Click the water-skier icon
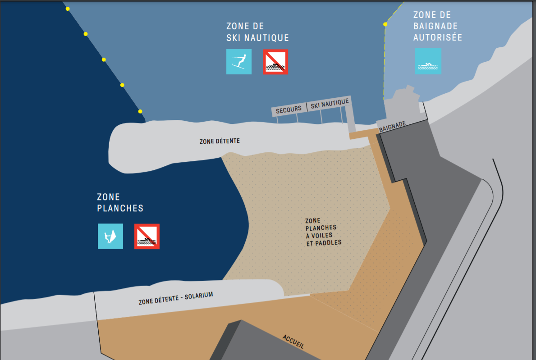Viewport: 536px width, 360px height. [239, 62]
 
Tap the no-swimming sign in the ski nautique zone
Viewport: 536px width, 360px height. [275, 62]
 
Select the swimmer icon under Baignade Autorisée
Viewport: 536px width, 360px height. [428, 61]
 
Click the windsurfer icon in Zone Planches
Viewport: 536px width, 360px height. [110, 236]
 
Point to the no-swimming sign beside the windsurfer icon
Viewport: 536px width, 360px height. [147, 236]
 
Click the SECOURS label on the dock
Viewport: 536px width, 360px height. [289, 109]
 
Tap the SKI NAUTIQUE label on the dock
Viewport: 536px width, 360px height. [330, 104]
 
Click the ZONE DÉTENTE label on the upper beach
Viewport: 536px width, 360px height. [220, 141]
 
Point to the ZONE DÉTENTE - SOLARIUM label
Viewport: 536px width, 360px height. [176, 299]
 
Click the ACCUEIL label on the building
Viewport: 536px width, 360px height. [293, 342]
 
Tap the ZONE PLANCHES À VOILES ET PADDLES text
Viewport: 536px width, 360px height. [322, 232]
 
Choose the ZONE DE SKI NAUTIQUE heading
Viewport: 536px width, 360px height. [257, 32]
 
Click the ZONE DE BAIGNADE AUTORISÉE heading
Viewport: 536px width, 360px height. [437, 27]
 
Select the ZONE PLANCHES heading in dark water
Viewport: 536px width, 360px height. [119, 202]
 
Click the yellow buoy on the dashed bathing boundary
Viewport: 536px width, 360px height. [385, 24]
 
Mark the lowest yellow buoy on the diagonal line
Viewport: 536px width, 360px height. [140, 111]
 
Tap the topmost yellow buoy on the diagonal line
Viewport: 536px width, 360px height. [68, 9]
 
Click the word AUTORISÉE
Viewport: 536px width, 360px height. [437, 38]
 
